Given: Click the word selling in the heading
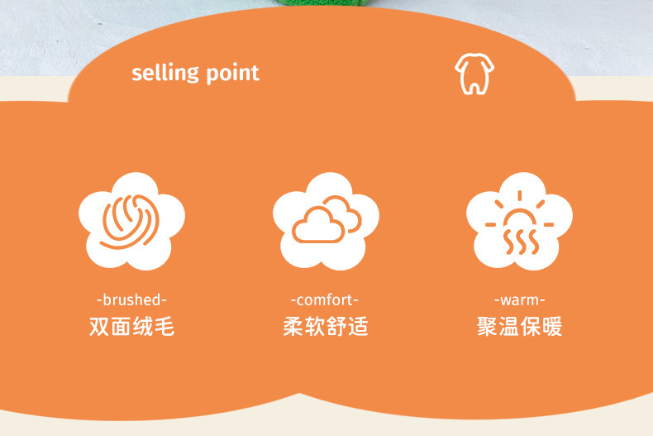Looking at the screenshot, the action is (165, 74).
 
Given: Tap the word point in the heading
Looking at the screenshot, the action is (233, 74).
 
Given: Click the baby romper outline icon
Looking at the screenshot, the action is (474, 74).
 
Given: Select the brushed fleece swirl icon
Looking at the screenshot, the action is (131, 222).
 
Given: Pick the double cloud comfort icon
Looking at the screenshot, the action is (326, 222).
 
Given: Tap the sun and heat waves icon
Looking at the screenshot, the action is (519, 222).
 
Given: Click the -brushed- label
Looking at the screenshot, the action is (131, 299).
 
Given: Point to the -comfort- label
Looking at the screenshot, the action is (324, 299).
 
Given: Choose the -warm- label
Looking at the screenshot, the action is (520, 299).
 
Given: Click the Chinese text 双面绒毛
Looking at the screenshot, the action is (131, 326).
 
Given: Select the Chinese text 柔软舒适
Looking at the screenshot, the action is (326, 326).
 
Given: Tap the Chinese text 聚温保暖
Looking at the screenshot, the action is (520, 326).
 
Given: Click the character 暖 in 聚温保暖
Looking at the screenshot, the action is (552, 326).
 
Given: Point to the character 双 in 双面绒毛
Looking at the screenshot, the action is (99, 326).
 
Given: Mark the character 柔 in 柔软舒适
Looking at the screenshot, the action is (293, 326).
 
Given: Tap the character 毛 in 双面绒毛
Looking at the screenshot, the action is (164, 326).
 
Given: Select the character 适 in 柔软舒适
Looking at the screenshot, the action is (359, 326).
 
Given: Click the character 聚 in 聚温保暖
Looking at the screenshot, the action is (487, 326).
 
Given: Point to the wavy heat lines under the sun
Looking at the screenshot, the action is (521, 241).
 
